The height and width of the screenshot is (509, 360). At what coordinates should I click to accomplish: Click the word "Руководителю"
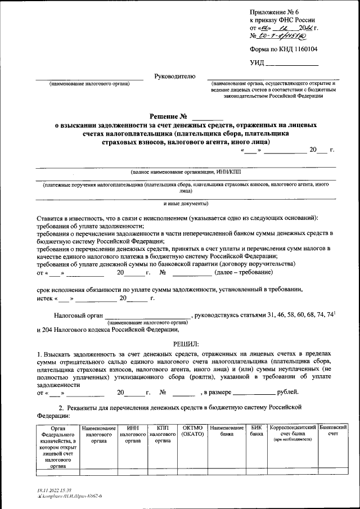tap(174, 76)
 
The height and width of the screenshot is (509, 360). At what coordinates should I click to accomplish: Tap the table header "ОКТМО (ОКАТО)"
tap(193, 431)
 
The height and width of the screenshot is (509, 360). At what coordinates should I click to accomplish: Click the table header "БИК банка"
tap(256, 431)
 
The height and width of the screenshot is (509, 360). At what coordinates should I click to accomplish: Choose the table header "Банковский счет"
tap(332, 431)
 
